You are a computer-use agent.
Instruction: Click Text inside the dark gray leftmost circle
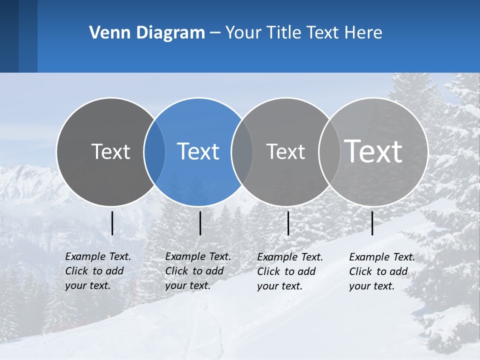110,151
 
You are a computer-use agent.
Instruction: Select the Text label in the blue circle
198,151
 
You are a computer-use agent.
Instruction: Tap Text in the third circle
285,151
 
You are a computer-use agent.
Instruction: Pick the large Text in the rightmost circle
373,151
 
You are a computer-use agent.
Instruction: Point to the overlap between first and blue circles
154,152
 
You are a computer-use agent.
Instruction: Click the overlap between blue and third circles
242,152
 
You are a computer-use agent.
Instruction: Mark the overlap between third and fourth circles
329,152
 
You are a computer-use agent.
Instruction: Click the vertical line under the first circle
112,223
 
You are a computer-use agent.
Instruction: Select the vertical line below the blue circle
200,223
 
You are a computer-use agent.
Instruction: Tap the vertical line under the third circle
288,223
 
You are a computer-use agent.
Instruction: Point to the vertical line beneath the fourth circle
372,223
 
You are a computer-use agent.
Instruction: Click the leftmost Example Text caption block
97,271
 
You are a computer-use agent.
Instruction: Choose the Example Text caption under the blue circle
197,271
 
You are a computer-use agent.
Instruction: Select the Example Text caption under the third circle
289,271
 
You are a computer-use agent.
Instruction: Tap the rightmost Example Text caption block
381,271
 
